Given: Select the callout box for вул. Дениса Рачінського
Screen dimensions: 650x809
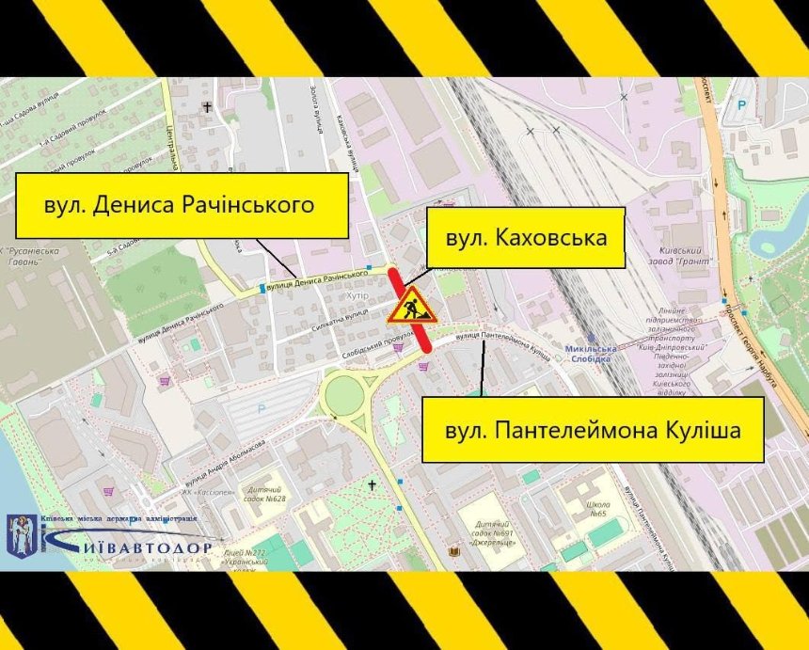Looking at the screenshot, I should pos(182,204).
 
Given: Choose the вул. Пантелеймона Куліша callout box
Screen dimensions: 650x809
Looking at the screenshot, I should pos(591,430).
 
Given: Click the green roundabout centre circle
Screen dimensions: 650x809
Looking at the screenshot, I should pos(346,395).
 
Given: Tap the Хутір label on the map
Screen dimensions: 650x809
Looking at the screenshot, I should pos(357,294).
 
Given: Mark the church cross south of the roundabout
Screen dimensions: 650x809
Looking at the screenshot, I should pos(373,485).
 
